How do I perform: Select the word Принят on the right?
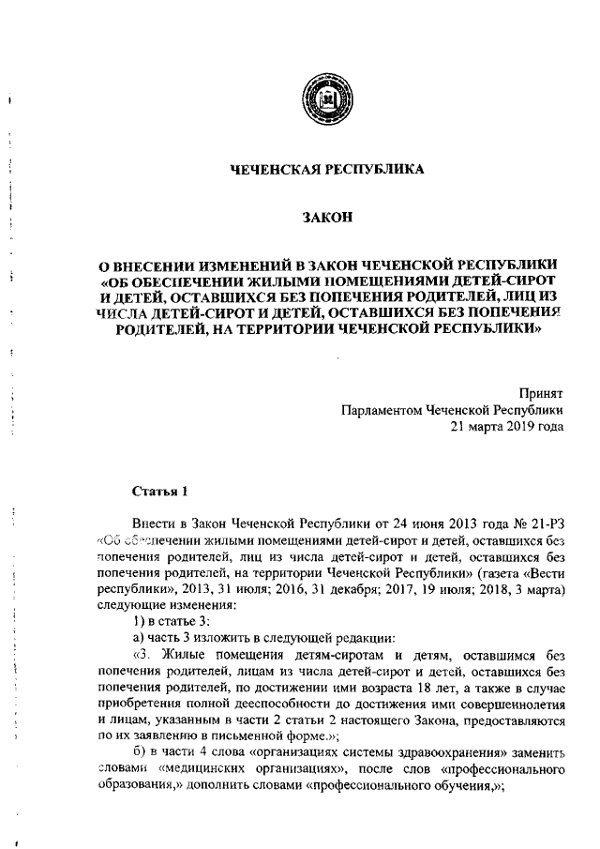click(542, 393)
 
